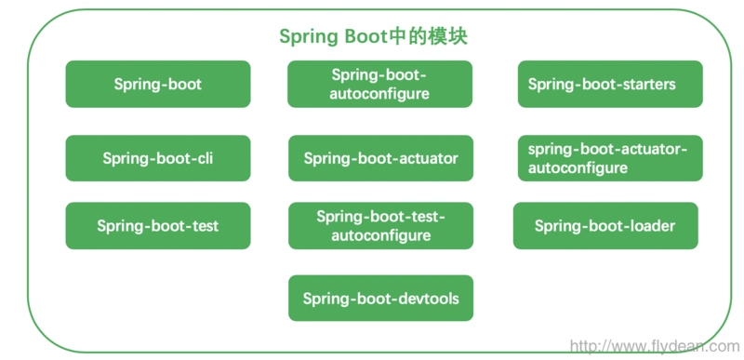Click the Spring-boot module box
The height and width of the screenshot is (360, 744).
tap(158, 85)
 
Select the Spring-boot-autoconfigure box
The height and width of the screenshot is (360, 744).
tap(379, 85)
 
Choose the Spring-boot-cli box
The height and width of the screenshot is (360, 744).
tap(158, 158)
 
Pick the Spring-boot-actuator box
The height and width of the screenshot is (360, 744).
tap(380, 158)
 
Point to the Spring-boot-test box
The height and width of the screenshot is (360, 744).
tap(158, 226)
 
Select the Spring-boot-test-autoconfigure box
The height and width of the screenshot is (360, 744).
tap(380, 226)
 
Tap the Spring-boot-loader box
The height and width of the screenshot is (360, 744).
tap(605, 226)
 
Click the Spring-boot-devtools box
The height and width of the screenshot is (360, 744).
tap(380, 300)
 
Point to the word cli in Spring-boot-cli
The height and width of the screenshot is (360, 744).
tap(205, 158)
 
